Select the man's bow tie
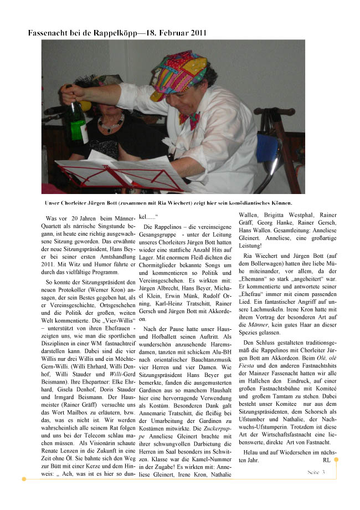pos(189,119)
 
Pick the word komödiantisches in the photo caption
pos(239,202)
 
